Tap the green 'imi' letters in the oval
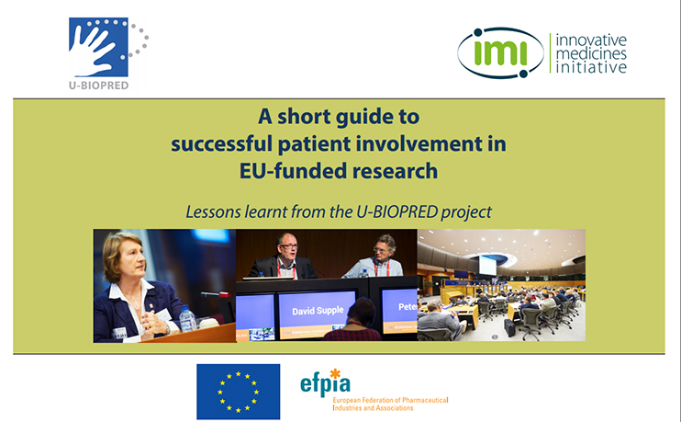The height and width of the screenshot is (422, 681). tap(500, 53)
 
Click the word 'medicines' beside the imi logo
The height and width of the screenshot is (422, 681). tap(591, 54)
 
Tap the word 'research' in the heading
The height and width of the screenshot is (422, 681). tap(395, 170)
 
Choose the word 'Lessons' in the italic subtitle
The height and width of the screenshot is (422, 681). tap(213, 211)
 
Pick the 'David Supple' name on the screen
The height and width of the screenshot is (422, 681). tap(318, 311)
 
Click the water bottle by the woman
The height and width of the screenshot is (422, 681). tap(187, 318)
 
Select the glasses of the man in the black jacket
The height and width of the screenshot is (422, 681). tap(289, 246)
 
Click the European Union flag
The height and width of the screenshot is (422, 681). tap(238, 392)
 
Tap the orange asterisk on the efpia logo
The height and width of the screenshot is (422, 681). tap(335, 374)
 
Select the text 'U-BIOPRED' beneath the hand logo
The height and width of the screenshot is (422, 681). tap(98, 86)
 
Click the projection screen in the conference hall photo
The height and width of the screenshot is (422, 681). tap(487, 265)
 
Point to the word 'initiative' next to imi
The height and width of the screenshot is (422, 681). tap(591, 67)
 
